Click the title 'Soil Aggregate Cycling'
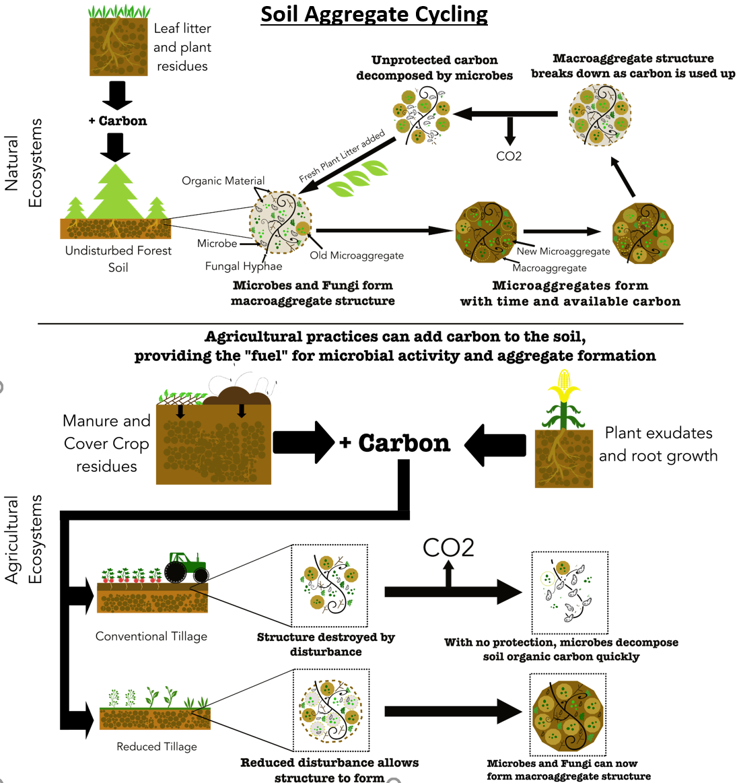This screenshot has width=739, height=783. click(374, 15)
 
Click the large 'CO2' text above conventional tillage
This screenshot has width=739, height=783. click(448, 548)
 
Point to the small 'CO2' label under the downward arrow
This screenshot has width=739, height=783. click(509, 156)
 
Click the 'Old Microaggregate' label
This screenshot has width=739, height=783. click(357, 256)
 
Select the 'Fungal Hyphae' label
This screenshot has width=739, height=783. click(244, 267)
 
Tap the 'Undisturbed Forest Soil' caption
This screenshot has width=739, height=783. click(118, 259)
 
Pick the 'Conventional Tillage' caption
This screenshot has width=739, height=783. click(151, 636)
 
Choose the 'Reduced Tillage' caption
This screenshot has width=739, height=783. click(157, 747)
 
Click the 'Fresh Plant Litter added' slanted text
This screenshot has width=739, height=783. click(342, 156)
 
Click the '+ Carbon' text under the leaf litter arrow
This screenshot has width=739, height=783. click(117, 121)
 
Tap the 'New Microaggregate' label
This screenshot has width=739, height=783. click(563, 252)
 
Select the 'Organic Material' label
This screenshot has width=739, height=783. click(223, 181)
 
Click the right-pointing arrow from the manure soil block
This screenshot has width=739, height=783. click(304, 443)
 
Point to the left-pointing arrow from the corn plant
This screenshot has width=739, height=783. click(495, 445)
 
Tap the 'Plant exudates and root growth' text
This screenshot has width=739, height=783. click(658, 444)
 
